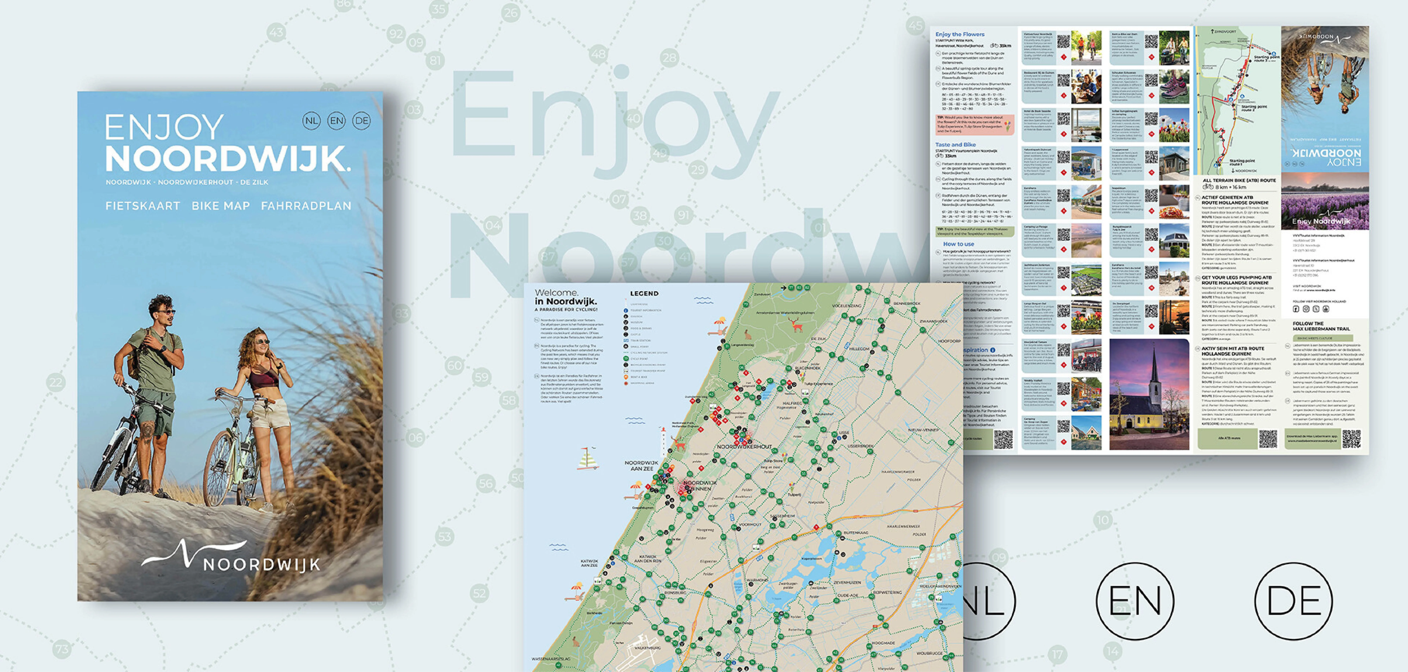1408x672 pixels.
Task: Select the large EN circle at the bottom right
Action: point(1135,601)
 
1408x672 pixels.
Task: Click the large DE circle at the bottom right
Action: point(1293,601)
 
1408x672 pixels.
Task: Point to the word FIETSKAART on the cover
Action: point(143,206)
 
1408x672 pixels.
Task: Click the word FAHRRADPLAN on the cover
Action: point(306,206)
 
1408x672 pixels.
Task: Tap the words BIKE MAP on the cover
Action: point(221,206)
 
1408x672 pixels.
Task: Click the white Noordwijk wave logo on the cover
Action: point(194,555)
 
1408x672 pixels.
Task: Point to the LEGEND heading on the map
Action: point(644,294)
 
